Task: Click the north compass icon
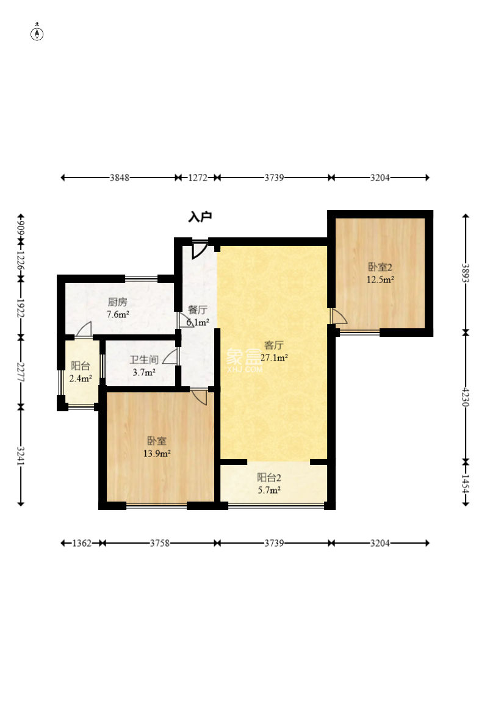point(37,34)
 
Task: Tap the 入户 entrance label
point(200,217)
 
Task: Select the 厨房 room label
point(118,301)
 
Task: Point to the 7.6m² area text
point(118,314)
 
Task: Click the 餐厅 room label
point(198,309)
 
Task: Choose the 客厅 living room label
point(274,345)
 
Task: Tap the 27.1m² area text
point(274,358)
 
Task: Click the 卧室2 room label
point(380,267)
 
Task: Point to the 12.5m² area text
point(380,279)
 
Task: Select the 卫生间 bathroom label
point(144,359)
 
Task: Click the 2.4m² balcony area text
point(81,378)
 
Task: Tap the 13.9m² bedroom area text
point(157,454)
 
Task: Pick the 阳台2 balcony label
point(268,478)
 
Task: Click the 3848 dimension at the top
point(120,178)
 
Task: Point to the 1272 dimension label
point(198,178)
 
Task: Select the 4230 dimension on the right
point(466,397)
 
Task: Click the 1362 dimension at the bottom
point(82,543)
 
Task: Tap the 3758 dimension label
point(160,543)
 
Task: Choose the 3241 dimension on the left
point(21,456)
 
